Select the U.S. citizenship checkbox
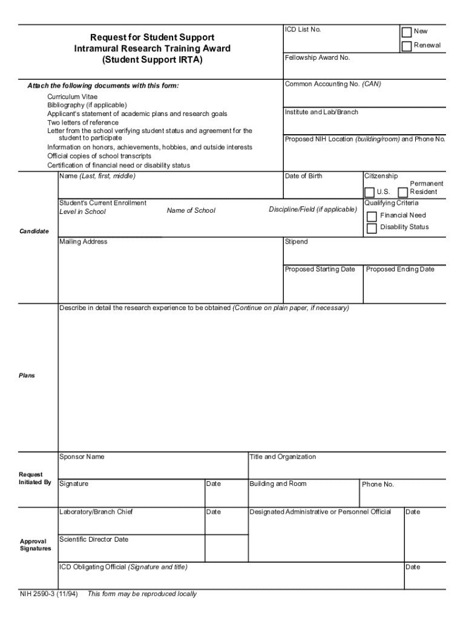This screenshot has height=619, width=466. pyautogui.click(x=369, y=192)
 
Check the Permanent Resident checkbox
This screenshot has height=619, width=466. pyautogui.click(x=403, y=192)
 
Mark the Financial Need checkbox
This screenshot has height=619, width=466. pyautogui.click(x=372, y=216)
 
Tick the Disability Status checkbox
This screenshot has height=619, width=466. pyautogui.click(x=372, y=228)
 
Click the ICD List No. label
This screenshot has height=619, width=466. pyautogui.click(x=303, y=30)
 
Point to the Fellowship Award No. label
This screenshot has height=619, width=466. pyautogui.click(x=318, y=58)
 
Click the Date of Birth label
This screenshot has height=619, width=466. pyautogui.click(x=304, y=177)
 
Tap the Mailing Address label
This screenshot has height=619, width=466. pyautogui.click(x=84, y=242)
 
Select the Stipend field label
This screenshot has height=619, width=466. pyautogui.click(x=297, y=242)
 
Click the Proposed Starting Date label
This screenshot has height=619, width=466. pyautogui.click(x=320, y=270)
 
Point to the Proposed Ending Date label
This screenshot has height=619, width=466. pyautogui.click(x=400, y=270)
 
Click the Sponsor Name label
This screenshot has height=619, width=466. pyautogui.click(x=82, y=457)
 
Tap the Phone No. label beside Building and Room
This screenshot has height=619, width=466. pyautogui.click(x=378, y=485)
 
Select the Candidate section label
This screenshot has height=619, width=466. pyautogui.click(x=34, y=232)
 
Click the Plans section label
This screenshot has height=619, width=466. pyautogui.click(x=27, y=376)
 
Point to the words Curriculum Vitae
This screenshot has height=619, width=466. pyautogui.click(x=73, y=97)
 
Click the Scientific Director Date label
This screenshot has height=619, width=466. pyautogui.click(x=94, y=539)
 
